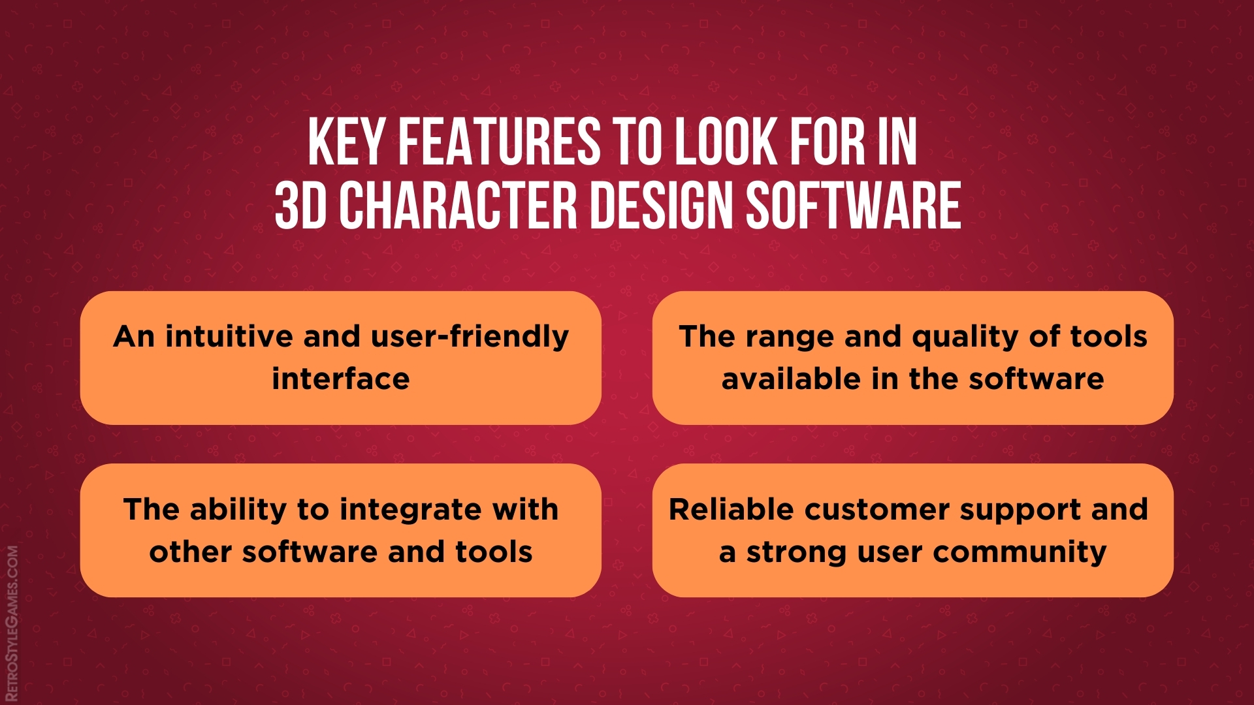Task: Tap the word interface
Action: (x=341, y=379)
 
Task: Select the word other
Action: (x=190, y=552)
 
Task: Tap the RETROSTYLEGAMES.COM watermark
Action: (x=12, y=623)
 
